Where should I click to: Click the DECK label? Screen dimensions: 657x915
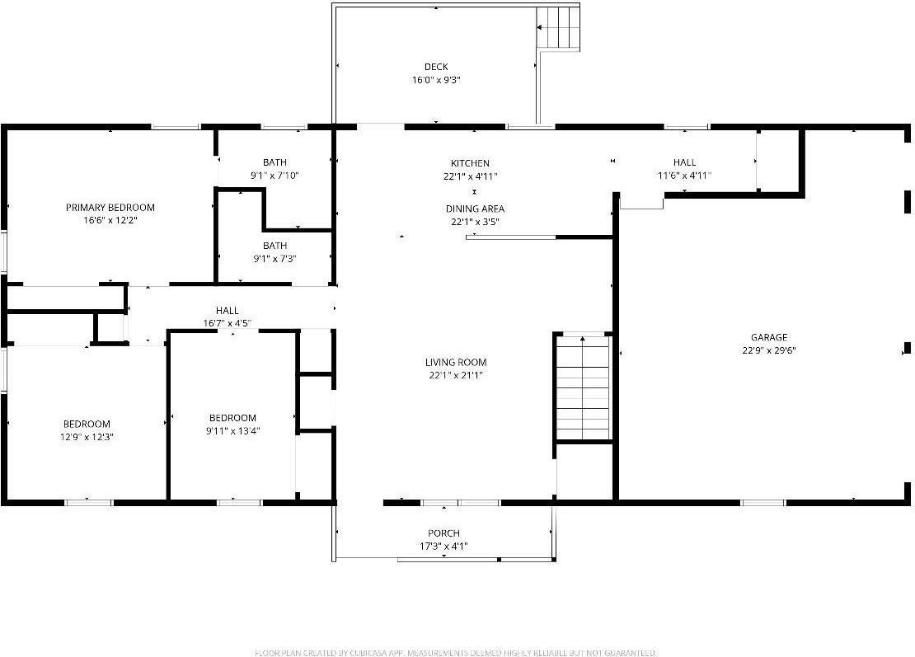436,67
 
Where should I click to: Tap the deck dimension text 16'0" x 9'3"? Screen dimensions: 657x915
436,80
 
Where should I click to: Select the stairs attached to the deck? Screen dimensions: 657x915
558,28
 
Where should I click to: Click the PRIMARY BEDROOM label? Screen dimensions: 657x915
110,208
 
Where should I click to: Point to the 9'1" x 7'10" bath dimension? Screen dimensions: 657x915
274,176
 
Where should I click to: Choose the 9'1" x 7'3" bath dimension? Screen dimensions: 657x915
274,259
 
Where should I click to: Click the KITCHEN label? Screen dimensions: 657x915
470,163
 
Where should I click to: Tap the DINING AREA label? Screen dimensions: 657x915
475,209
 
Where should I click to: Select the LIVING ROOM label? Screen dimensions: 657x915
455,362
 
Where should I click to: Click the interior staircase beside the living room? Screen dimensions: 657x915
583,387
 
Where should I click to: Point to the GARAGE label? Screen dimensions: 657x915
768,336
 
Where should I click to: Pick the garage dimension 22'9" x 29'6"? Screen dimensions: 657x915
768,350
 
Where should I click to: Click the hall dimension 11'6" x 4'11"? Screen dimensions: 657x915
684,176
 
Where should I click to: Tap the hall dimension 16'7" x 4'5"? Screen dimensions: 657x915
227,323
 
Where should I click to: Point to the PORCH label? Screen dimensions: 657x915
443,533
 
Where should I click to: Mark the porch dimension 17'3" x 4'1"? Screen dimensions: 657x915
443,547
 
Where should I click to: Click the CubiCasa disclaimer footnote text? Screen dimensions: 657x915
456,652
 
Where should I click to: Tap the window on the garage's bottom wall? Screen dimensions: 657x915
762,502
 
